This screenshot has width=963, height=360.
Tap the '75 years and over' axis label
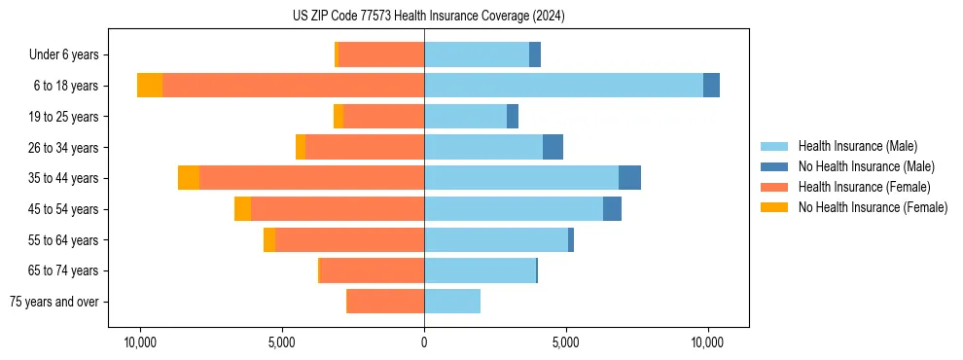[54, 302]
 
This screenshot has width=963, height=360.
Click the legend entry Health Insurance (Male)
[857, 146]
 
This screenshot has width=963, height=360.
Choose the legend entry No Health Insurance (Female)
[873, 207]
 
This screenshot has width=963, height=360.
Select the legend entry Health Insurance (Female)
[864, 187]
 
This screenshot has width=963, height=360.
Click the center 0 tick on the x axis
[424, 342]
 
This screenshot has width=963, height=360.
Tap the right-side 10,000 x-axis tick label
[707, 342]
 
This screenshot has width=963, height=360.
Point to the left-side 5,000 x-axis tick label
[282, 342]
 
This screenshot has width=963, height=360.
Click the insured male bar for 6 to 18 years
[563, 86]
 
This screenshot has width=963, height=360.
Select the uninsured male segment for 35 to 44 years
[629, 178]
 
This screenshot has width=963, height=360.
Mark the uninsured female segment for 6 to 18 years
[150, 86]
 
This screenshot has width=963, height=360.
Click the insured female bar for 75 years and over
[386, 302]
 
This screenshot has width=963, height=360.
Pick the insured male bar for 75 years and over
[452, 302]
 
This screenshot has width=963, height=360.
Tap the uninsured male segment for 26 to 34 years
[553, 147]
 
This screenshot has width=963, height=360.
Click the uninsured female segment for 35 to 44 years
[189, 178]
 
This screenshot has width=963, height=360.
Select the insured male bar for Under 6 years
[477, 54]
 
